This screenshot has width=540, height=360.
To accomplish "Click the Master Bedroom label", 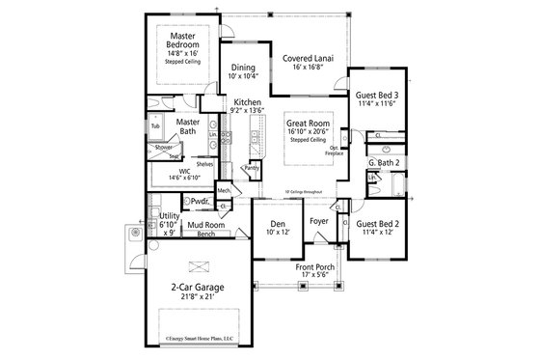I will [183, 41].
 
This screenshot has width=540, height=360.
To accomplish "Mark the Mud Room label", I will [205, 224].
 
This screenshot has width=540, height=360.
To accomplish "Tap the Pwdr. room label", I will [201, 201].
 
